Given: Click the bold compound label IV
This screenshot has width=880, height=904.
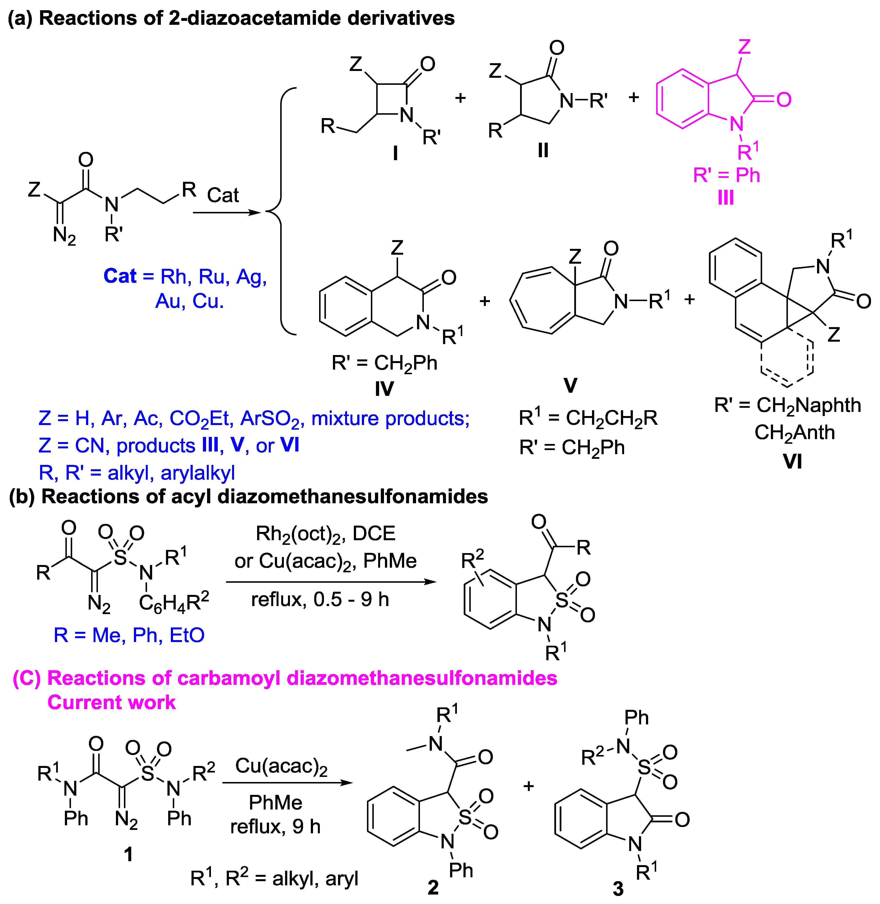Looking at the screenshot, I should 384,389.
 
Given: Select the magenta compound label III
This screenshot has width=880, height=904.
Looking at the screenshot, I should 726,198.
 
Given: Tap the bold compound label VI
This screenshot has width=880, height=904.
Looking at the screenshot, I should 792,461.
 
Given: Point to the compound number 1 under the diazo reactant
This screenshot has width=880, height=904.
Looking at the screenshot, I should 129,854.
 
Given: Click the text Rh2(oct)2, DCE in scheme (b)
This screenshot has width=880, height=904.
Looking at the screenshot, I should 325,534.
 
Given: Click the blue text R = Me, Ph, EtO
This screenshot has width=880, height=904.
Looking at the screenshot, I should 129,635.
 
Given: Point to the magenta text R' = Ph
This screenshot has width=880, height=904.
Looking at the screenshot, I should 727,175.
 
